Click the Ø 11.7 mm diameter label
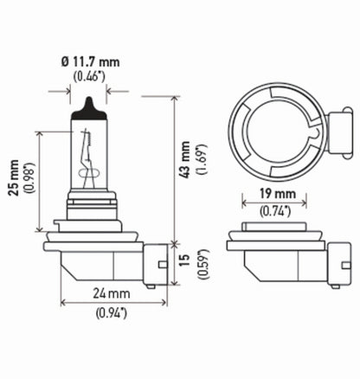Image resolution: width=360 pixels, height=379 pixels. click(x=90, y=62)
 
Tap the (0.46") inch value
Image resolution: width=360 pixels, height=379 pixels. click(x=91, y=77)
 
